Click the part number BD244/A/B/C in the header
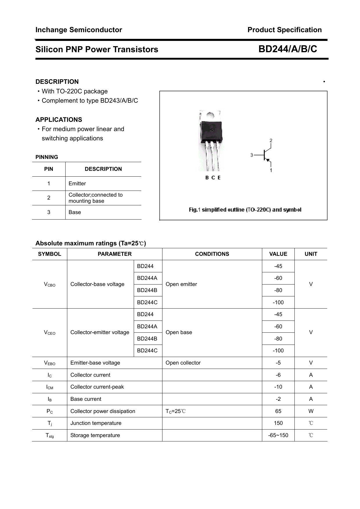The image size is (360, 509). [287, 49]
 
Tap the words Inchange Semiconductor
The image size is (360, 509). [79, 30]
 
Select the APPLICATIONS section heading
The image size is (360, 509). [59, 120]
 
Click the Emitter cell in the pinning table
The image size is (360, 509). [77, 184]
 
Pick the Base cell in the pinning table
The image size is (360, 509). [75, 212]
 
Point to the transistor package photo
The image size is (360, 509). [211, 141]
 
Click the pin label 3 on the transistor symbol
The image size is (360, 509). [252, 155]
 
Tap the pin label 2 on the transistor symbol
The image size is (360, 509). [271, 141]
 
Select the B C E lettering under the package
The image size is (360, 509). [213, 178]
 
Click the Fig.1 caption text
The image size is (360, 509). [245, 210]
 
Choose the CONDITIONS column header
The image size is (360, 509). [212, 254]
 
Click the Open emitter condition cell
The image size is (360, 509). [181, 284]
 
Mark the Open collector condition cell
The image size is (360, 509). [183, 363]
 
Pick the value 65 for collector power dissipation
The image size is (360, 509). [278, 411]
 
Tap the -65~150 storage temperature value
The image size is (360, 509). [278, 435]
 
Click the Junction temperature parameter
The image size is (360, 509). [96, 423]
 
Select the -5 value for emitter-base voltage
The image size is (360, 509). [278, 363]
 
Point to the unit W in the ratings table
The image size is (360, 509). [311, 411]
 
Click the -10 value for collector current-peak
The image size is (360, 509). [278, 387]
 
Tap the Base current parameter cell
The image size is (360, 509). [86, 399]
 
